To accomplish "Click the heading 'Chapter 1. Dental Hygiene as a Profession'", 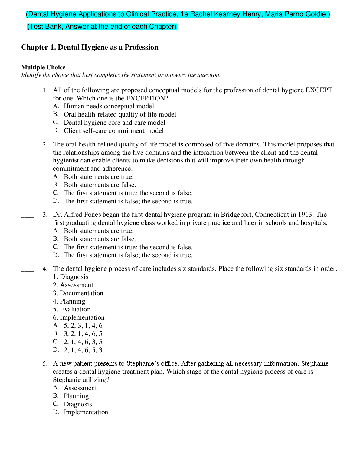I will click(x=90, y=47).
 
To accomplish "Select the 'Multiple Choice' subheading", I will click(x=43, y=67).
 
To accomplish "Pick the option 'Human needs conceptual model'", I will click(x=109, y=106).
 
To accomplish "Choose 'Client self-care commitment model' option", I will click(x=113, y=131).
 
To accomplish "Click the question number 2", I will click(x=45, y=144).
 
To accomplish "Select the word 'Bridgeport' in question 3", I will click(x=237, y=215).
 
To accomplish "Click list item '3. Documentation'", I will click(x=78, y=293).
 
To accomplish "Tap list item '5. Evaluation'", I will click(x=72, y=309).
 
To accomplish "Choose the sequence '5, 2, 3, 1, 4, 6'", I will click(x=83, y=326).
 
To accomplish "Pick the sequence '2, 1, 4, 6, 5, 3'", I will click(x=83, y=350).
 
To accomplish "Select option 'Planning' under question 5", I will click(x=76, y=396).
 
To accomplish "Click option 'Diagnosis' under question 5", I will click(x=78, y=404).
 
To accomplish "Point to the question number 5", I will click(x=45, y=363).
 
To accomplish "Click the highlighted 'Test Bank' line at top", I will click(x=102, y=27).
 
